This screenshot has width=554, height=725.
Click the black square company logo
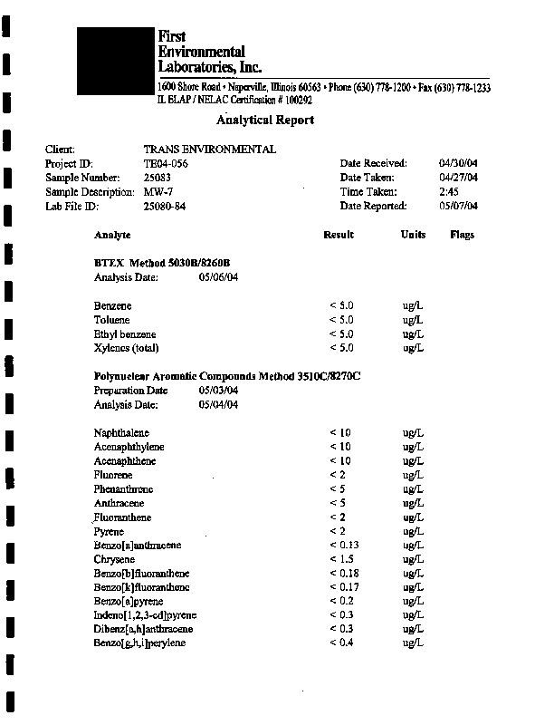116,60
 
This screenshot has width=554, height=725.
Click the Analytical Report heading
265,120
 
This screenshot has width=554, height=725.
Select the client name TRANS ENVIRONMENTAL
210,150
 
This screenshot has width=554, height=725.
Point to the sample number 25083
158,178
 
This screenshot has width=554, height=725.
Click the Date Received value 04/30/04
457,163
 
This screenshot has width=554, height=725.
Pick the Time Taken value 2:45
448,192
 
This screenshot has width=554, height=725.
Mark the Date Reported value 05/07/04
457,206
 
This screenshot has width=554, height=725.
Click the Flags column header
462,235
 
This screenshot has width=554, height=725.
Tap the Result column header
339,235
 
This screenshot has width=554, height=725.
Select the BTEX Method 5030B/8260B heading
162,263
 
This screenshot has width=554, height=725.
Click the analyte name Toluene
111,320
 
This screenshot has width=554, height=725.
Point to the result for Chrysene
340,559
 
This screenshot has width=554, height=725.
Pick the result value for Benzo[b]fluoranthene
344,573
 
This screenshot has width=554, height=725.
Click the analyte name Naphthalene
121,432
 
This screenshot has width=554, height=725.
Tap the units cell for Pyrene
413,531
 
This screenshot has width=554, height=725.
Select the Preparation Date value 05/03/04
218,391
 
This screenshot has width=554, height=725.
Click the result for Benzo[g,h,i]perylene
341,643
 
